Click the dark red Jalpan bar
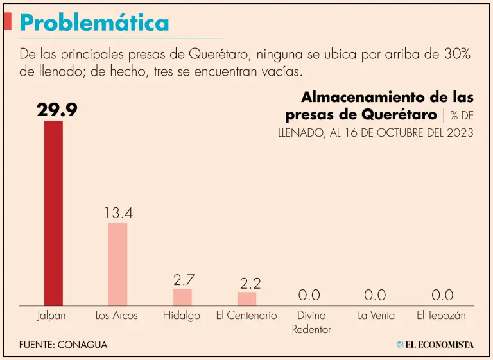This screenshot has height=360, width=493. tap(53, 212)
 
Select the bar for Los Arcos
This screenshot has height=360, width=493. tap(118, 264)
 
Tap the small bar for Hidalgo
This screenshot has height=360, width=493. tap(182, 297)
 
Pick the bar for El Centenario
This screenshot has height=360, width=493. tap(246, 298)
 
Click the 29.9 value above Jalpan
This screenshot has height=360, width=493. tap(56, 110)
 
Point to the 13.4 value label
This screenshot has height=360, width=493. tap(118, 213)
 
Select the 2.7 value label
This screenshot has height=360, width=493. tap(184, 280)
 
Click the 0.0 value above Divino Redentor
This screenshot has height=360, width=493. tap(309, 296)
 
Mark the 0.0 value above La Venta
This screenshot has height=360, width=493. tap(375, 296)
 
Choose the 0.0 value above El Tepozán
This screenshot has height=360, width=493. tap(442, 296)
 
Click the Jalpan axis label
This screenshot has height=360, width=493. tap(51, 316)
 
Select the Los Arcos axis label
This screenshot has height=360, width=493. tap(116, 316)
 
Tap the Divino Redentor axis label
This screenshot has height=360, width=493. tap(311, 322)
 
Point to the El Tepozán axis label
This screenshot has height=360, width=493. tap(441, 316)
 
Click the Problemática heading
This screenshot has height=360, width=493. tap(94, 23)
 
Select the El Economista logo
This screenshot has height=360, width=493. tap(435, 345)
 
